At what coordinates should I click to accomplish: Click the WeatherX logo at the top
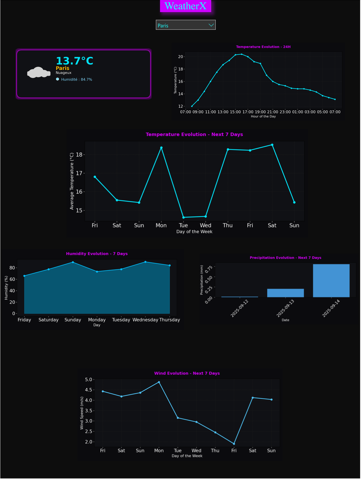185,6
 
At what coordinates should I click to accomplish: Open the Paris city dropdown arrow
211,25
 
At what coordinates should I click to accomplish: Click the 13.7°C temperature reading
74,61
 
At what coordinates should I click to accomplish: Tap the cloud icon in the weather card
39,72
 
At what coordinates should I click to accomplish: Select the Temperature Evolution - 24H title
263,47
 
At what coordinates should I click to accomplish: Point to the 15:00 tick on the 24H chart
235,112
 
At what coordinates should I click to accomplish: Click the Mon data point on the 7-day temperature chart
161,148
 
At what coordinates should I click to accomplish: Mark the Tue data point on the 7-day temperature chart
183,217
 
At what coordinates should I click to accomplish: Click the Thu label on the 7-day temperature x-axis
227,225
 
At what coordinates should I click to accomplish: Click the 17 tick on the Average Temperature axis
79,173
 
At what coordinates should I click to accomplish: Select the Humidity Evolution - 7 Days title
97,254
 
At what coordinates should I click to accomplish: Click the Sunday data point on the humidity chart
73,262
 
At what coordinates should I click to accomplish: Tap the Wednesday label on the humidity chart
145,320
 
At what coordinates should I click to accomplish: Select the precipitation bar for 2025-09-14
331,281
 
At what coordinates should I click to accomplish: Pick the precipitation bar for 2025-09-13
285,293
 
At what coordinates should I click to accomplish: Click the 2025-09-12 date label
240,308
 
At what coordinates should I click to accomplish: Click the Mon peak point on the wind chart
159,382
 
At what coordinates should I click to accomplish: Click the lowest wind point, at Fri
234,444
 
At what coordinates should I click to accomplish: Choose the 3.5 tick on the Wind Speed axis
89,411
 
